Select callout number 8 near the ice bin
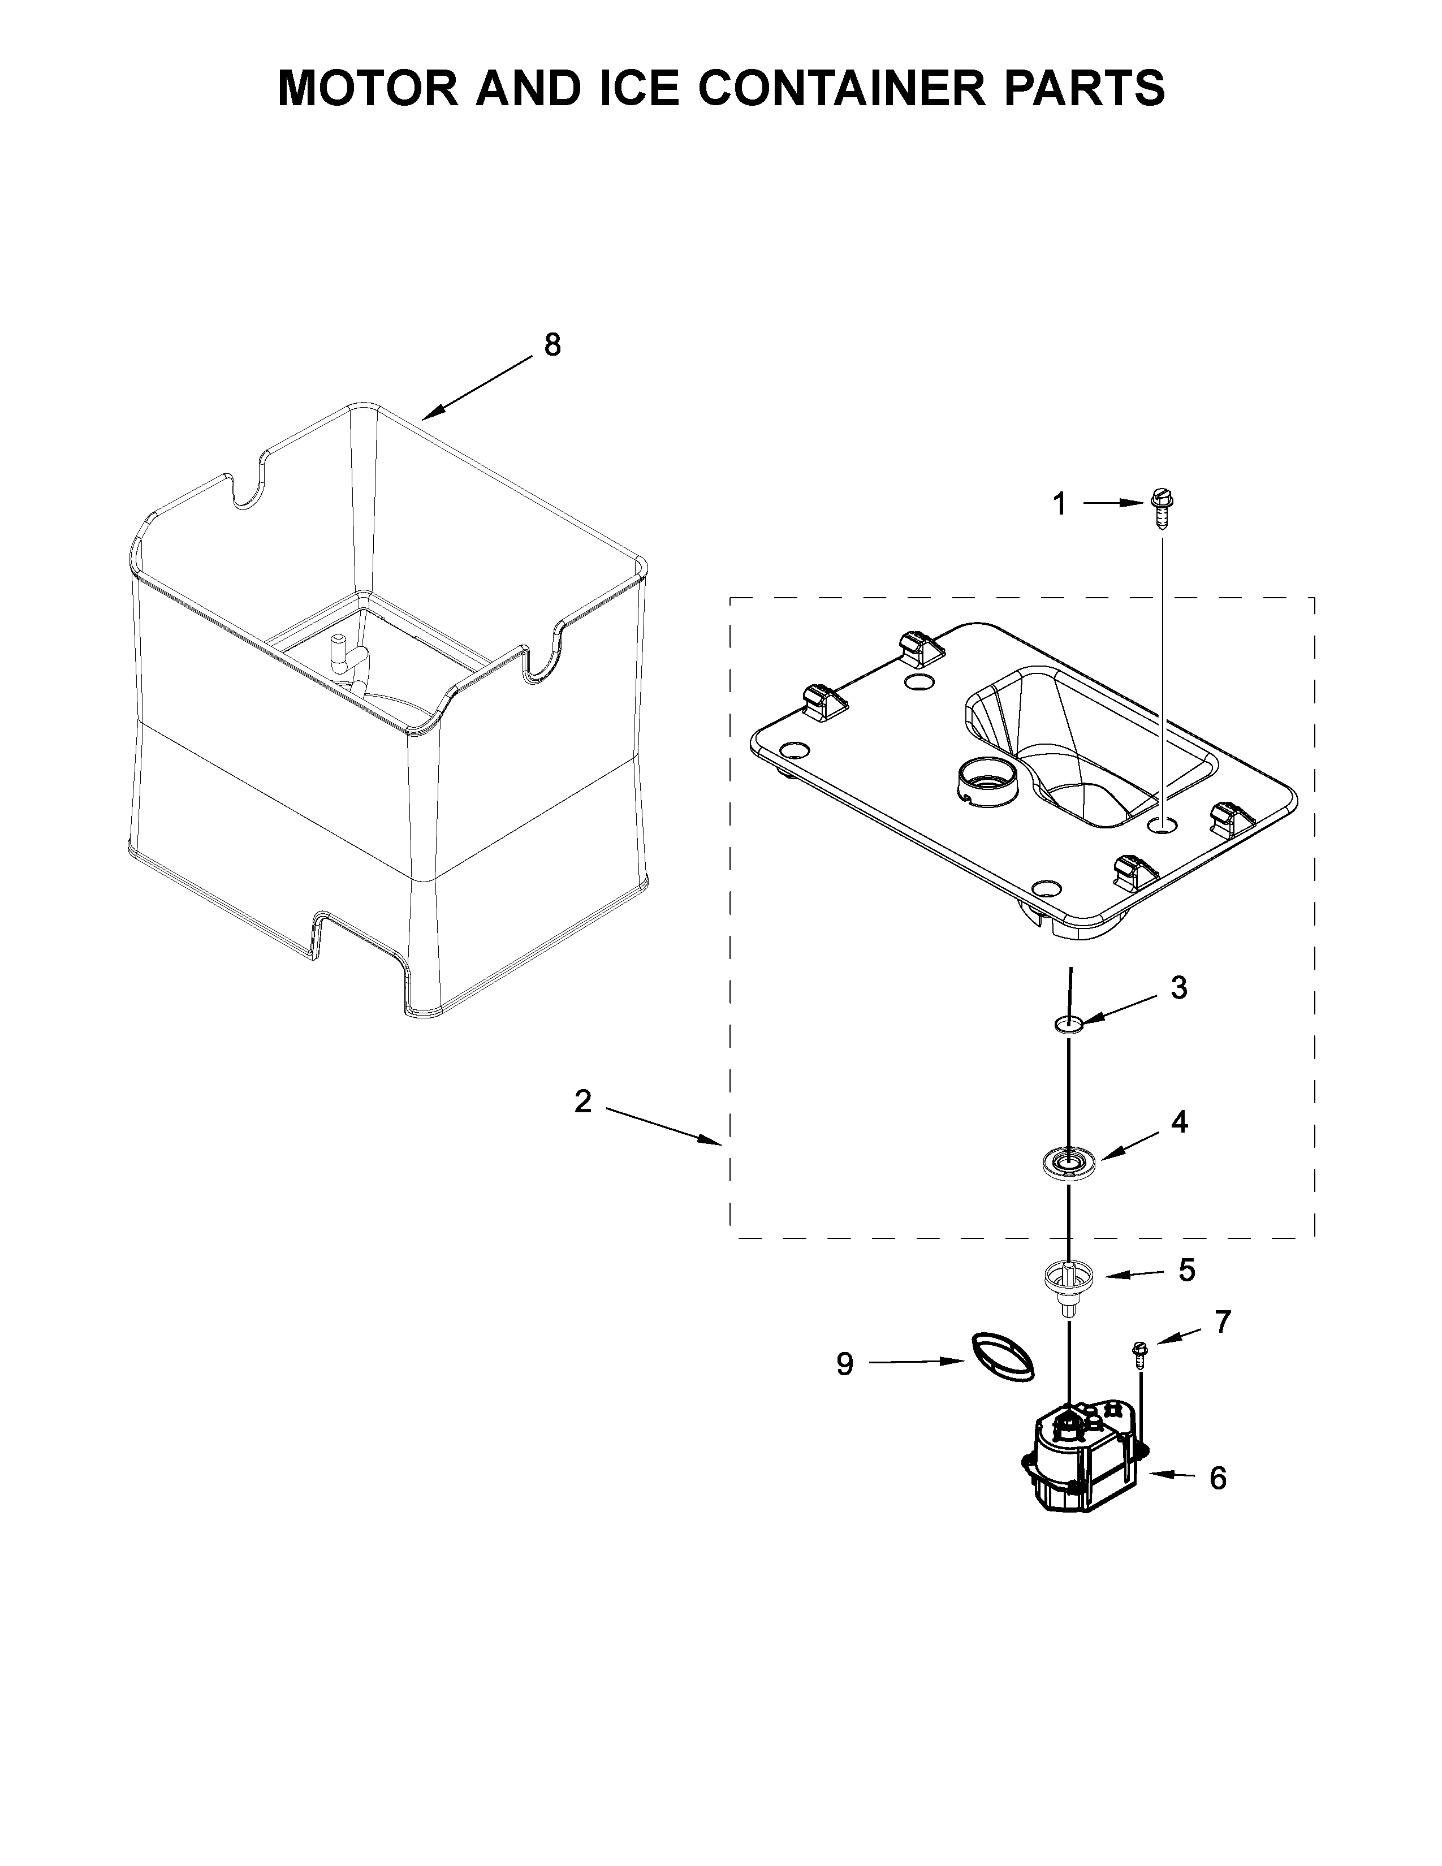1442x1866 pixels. pos(552,345)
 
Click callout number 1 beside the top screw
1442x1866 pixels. pos(1059,505)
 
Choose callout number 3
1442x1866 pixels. pos(1179,988)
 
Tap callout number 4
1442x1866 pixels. pos(1179,1122)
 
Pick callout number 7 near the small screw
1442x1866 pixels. pos(1223,1322)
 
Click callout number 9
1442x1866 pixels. pos(844,1364)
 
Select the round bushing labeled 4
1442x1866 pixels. pos(1067,1163)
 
